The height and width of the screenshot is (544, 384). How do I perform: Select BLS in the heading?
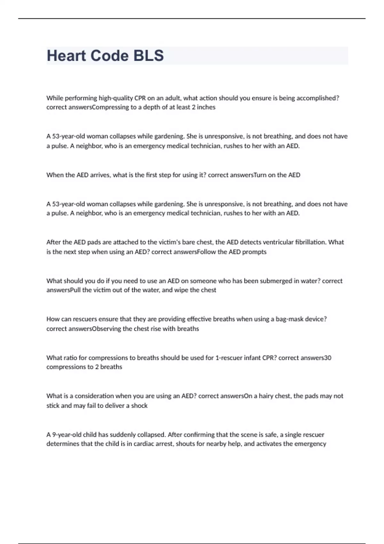[148, 56]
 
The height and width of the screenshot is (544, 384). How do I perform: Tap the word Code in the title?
[109, 56]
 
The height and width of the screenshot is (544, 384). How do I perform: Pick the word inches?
[206, 108]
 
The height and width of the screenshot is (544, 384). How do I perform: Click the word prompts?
[254, 252]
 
